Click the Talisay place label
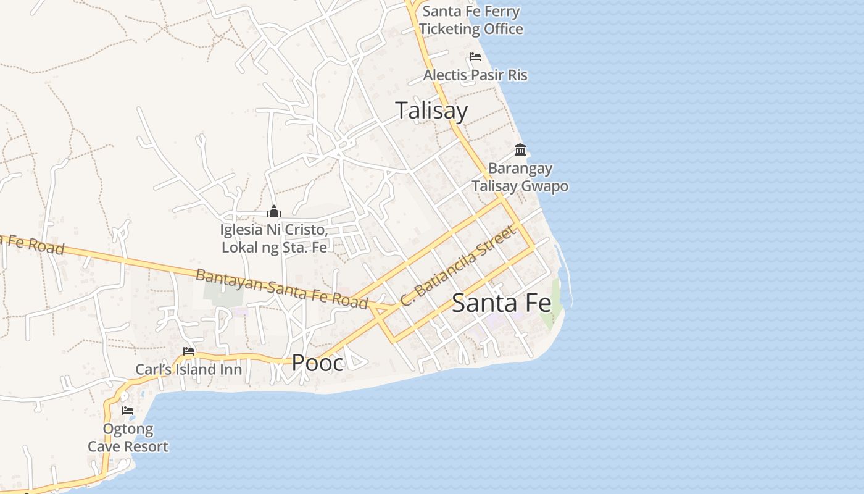point(431,111)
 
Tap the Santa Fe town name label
point(501,303)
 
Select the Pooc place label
point(317,363)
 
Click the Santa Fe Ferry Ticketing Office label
point(471,20)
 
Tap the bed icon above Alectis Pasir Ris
point(475,57)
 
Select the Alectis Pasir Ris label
point(475,75)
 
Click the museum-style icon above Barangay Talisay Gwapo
point(520,150)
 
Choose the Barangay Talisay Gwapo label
point(520,177)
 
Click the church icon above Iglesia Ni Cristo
point(274,212)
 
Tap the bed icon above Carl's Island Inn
point(189,351)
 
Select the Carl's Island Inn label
point(189,370)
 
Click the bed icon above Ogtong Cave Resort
point(128,410)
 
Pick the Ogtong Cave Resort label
point(128,438)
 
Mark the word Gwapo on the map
point(545,186)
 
